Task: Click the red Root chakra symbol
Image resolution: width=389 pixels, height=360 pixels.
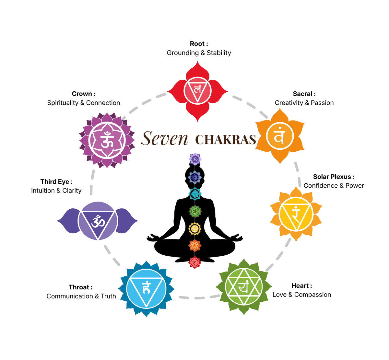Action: [x=197, y=91]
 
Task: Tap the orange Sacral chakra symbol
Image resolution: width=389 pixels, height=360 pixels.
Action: [x=280, y=136]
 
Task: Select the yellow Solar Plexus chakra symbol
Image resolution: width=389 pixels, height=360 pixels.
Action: [x=296, y=214]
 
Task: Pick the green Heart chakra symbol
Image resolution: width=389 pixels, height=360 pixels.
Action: [x=244, y=286]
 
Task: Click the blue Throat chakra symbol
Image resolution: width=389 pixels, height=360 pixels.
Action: [x=146, y=289]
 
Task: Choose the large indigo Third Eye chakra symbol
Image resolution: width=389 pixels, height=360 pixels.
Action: [x=98, y=221]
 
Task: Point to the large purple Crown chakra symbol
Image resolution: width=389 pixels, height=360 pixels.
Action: [x=107, y=140]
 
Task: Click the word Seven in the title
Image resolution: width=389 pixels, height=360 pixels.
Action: [x=164, y=138]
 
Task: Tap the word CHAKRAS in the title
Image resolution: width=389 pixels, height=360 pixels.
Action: [x=225, y=140]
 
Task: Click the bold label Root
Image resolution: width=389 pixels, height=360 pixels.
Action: [x=197, y=44]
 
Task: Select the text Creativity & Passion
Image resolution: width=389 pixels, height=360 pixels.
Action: [x=304, y=103]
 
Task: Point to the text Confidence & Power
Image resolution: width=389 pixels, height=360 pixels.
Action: [x=334, y=185]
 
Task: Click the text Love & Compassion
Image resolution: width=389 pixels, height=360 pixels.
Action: [x=302, y=295]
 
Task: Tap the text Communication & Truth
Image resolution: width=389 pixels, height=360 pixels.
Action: [x=81, y=296]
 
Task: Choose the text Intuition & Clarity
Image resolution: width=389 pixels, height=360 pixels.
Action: [x=56, y=191]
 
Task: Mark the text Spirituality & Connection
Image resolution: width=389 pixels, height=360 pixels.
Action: [x=83, y=103]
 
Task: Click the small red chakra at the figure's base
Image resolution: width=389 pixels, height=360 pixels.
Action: [x=194, y=262]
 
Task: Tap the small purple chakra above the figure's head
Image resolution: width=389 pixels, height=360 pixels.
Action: [x=195, y=159]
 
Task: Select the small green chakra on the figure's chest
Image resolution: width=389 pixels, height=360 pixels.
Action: [x=195, y=211]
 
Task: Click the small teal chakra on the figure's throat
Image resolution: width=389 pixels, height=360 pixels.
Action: [x=195, y=194]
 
